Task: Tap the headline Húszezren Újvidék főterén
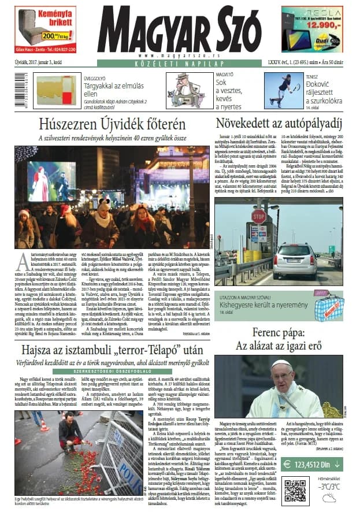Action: coord(112,124)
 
